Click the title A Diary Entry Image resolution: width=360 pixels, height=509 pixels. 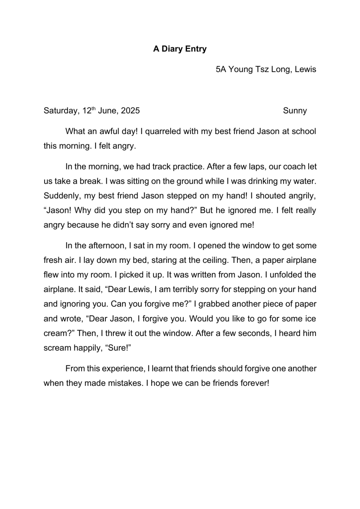[x=180, y=49]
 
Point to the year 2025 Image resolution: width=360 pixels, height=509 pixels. [x=130, y=111]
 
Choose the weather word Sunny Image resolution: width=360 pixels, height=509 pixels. [x=295, y=111]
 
